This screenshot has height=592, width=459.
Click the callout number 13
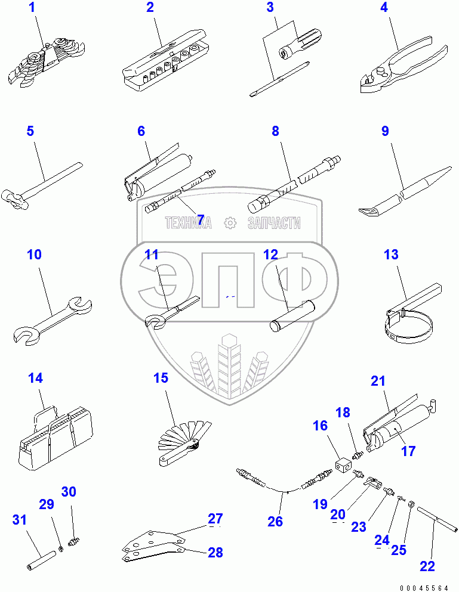(x=391, y=255)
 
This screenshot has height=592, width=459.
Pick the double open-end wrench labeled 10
(x=53, y=321)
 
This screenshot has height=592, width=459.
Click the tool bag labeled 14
(x=56, y=438)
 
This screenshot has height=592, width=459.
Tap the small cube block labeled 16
(x=343, y=465)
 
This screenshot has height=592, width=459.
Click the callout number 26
(x=275, y=522)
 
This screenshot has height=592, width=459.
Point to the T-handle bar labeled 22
(x=438, y=520)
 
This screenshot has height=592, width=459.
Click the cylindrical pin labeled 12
(x=292, y=315)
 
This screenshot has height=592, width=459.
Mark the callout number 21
(x=378, y=380)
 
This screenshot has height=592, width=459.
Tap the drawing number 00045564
(x=424, y=588)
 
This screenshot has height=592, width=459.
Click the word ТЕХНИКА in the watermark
(x=188, y=223)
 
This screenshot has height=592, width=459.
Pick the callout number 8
(x=275, y=131)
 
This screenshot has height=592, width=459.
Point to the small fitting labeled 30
(x=73, y=543)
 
